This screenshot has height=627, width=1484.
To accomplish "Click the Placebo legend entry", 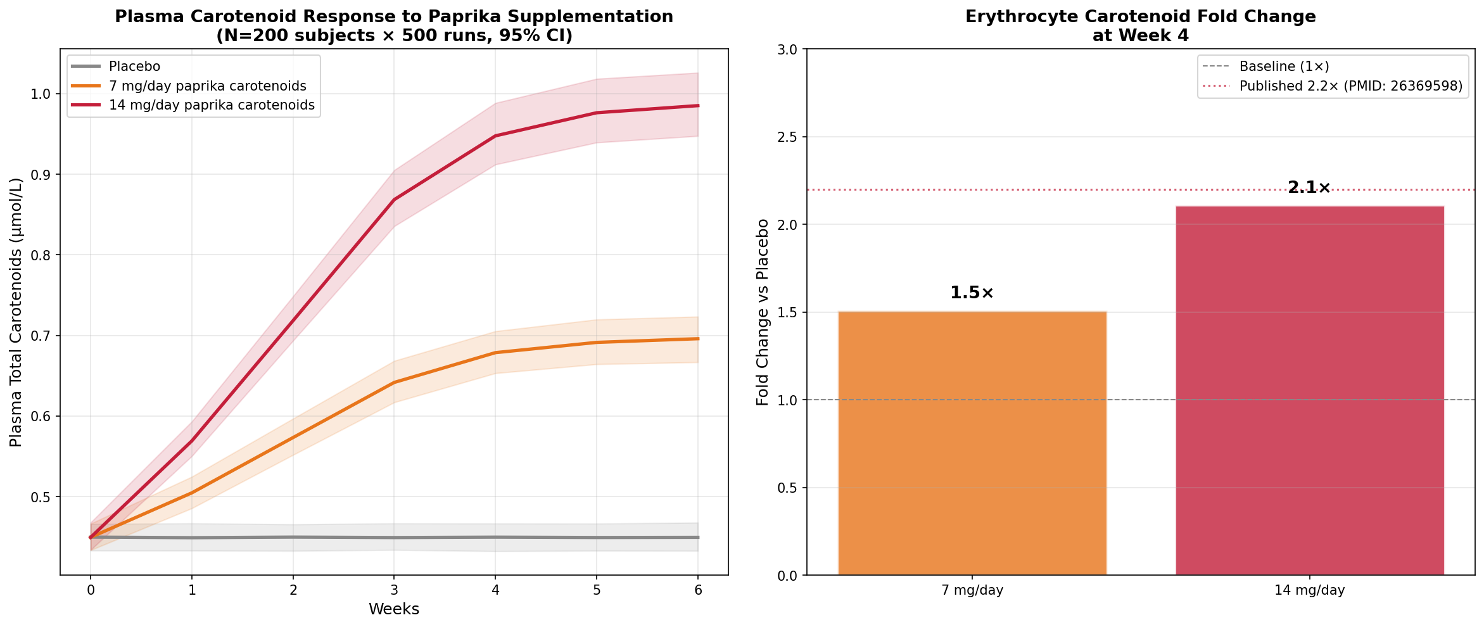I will point(134,66).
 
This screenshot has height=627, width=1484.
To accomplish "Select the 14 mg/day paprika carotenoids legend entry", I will point(212,105).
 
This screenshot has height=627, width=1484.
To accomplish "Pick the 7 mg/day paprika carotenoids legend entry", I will point(207,86).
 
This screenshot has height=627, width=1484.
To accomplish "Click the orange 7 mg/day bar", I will point(972,443).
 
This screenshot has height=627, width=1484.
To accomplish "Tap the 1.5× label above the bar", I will point(972,293).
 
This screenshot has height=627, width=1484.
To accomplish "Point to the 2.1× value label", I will point(1309,187).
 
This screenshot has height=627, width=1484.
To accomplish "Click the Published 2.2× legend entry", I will point(1350,86).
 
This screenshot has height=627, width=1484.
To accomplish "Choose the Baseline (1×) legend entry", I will point(1284,66).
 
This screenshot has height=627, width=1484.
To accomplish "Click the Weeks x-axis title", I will point(393,609).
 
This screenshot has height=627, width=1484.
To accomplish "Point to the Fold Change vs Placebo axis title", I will point(763,312).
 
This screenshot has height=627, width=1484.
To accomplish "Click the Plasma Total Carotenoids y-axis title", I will point(16,312).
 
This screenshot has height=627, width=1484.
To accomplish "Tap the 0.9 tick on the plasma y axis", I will point(40,175).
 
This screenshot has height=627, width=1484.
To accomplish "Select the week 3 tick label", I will point(394,590).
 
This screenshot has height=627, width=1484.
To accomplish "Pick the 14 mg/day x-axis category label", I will point(1309,590).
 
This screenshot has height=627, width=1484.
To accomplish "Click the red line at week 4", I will point(495,136).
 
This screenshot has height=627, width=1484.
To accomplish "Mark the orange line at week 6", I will point(697,339).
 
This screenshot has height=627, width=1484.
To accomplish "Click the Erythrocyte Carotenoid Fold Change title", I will point(1140,17).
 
